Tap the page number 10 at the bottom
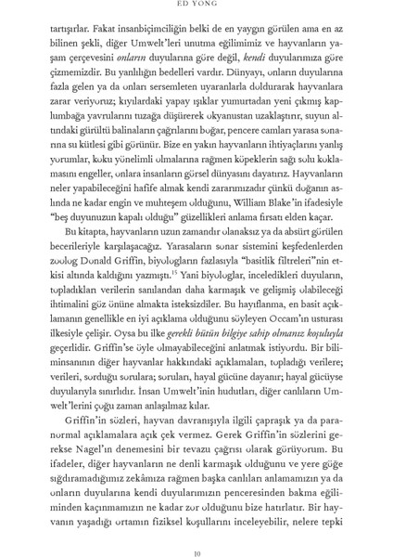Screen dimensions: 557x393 coord(196,540)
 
